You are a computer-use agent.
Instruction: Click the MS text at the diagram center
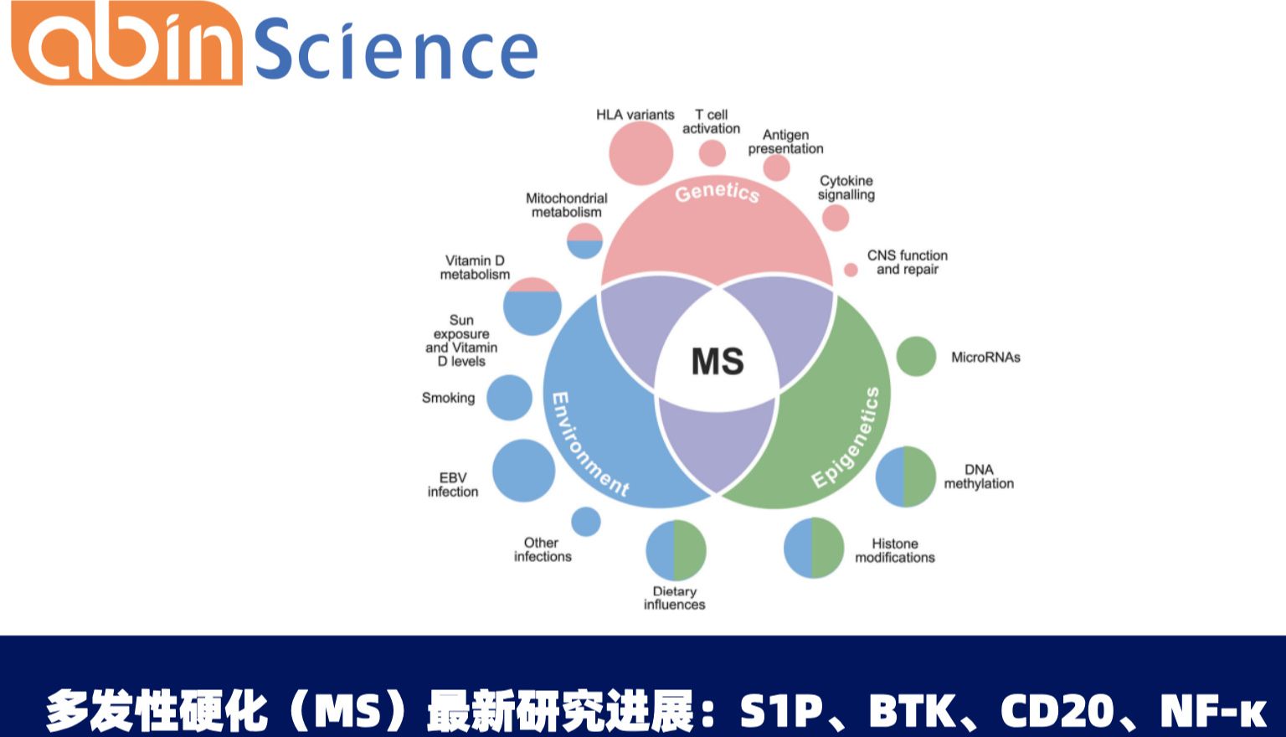click(x=718, y=362)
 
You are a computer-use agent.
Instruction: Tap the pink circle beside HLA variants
click(x=640, y=153)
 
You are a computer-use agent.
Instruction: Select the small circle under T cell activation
click(x=712, y=153)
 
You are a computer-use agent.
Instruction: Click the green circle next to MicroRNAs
click(x=916, y=357)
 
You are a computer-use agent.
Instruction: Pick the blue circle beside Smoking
click(x=509, y=398)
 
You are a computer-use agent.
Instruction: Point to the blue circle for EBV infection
click(x=523, y=471)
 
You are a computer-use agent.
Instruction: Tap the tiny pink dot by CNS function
click(x=851, y=270)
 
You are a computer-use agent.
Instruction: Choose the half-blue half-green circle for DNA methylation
click(x=905, y=477)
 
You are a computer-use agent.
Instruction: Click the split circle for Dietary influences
click(x=676, y=550)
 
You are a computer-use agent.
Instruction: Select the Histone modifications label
click(x=894, y=550)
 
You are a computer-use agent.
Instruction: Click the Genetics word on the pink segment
click(x=718, y=193)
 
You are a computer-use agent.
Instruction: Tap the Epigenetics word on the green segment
click(x=846, y=437)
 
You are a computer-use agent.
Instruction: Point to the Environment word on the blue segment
click(x=588, y=444)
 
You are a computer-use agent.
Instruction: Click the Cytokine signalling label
click(x=846, y=188)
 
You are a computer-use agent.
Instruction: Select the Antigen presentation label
click(x=785, y=142)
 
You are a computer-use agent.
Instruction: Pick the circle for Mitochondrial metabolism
click(x=584, y=240)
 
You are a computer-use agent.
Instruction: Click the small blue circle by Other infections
click(x=586, y=521)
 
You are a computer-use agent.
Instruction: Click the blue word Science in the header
click(x=395, y=50)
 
